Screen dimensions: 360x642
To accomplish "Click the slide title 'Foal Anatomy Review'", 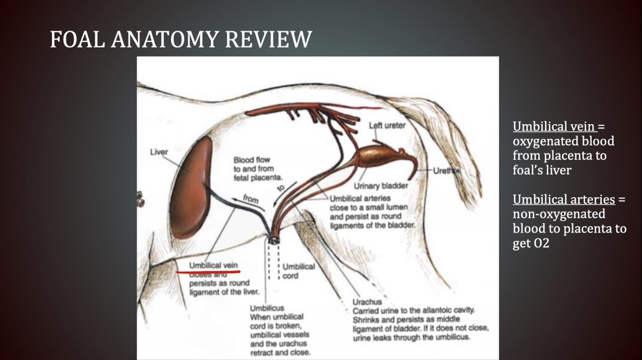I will tap(181, 39).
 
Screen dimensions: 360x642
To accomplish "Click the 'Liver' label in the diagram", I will tap(159, 152).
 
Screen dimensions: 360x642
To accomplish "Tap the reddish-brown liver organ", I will tap(191, 188).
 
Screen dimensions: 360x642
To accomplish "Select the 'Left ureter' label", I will tap(387, 126).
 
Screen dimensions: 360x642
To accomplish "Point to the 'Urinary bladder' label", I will tap(381, 186).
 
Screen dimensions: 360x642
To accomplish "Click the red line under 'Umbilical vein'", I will tap(208, 272).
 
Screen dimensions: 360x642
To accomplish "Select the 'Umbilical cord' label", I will tap(298, 271).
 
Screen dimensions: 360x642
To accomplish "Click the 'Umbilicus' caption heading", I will tap(267, 308).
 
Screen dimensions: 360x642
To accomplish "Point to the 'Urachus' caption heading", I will tap(367, 302).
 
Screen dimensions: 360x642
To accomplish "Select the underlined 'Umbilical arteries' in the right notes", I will tap(564, 199).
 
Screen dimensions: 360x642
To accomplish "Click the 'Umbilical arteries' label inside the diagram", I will tap(360, 198).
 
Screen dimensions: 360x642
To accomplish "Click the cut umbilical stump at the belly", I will tap(274, 239).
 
